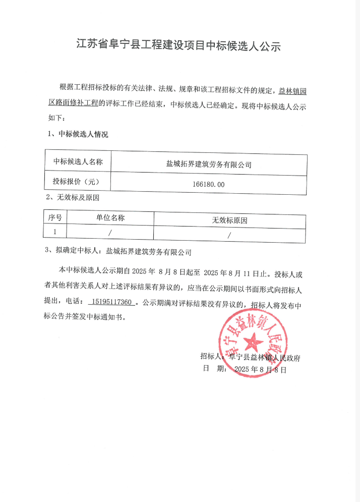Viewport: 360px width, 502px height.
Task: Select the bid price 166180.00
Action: [208, 184]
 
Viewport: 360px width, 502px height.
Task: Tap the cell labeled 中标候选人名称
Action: [78, 162]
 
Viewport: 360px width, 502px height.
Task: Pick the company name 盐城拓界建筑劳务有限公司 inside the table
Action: [209, 164]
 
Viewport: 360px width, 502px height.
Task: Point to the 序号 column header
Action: [55, 218]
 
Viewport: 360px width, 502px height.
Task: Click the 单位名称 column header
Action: [110, 218]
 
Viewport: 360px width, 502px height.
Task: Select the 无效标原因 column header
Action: [229, 220]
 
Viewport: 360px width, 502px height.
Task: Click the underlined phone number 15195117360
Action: [112, 302]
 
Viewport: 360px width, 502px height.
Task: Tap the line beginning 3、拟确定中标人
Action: [119, 250]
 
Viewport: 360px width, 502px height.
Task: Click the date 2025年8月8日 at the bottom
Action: [260, 369]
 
